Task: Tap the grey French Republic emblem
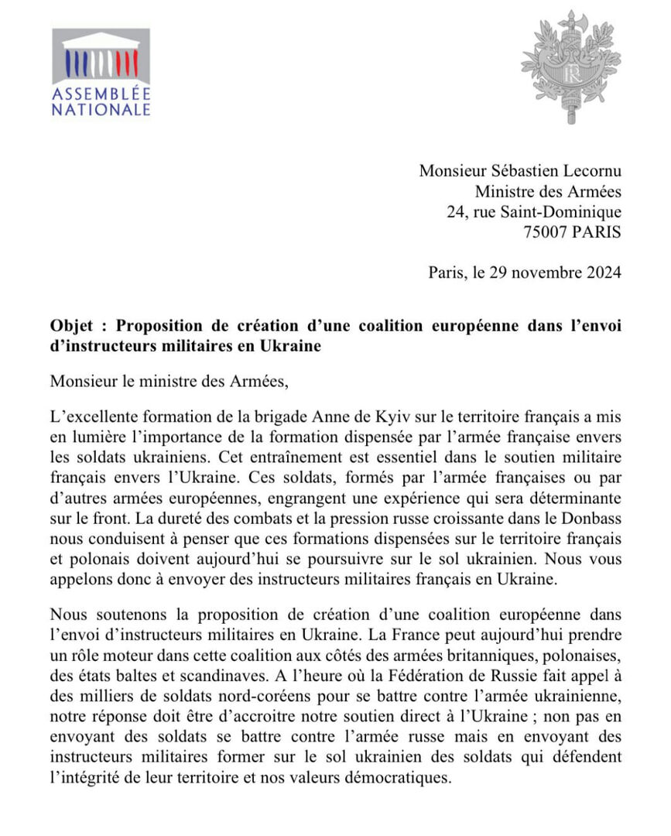click(x=571, y=67)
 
